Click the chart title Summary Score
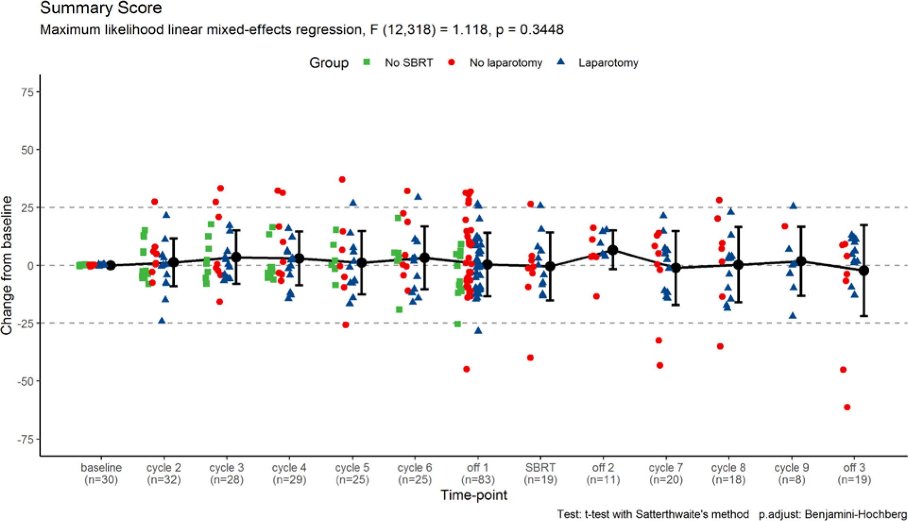point(101,8)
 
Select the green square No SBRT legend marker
point(366,62)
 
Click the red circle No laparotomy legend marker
point(451,62)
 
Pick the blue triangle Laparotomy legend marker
point(561,62)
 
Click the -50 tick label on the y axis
point(25,382)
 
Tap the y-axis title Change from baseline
point(7,266)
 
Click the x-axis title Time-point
point(474,495)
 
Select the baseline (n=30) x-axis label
point(101,474)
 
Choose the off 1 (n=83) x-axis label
point(477,474)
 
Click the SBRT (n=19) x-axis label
point(540,474)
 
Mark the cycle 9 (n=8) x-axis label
point(791,474)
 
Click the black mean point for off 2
point(613,250)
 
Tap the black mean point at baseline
point(111,266)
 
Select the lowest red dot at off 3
point(847,407)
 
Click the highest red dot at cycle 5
point(342,180)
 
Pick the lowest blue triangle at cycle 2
point(162,321)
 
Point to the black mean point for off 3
point(864,270)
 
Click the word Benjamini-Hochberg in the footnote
point(856,514)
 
